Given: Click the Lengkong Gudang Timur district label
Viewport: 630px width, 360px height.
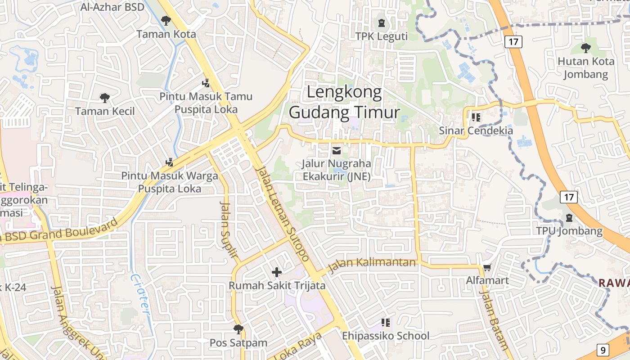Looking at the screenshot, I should (344, 103).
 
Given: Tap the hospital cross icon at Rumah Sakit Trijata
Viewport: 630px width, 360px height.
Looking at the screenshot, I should (277, 272).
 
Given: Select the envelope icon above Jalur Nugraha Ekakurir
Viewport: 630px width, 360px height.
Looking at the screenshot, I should (337, 150).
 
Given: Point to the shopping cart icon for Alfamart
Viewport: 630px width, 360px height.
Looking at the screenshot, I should (486, 267).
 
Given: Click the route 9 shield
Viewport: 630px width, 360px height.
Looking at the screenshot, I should (603, 349).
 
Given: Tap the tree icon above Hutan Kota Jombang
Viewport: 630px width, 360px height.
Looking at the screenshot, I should (585, 48).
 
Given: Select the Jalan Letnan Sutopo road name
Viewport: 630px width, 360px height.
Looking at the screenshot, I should (283, 213).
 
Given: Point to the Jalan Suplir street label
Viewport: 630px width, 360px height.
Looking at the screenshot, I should (229, 229).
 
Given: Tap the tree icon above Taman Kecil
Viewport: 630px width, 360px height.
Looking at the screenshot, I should (104, 98).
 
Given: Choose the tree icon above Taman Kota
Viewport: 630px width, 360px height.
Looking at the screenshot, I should (166, 20).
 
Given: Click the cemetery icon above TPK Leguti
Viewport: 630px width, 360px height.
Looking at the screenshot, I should (382, 22).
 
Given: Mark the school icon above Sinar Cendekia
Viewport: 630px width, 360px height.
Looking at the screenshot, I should (476, 117).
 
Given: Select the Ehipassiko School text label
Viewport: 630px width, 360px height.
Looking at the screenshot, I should (386, 336).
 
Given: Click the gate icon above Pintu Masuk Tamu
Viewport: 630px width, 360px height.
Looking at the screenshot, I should (206, 83).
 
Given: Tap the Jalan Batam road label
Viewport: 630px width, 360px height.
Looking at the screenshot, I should (494, 319).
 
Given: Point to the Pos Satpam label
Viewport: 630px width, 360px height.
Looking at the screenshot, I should (238, 342).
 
